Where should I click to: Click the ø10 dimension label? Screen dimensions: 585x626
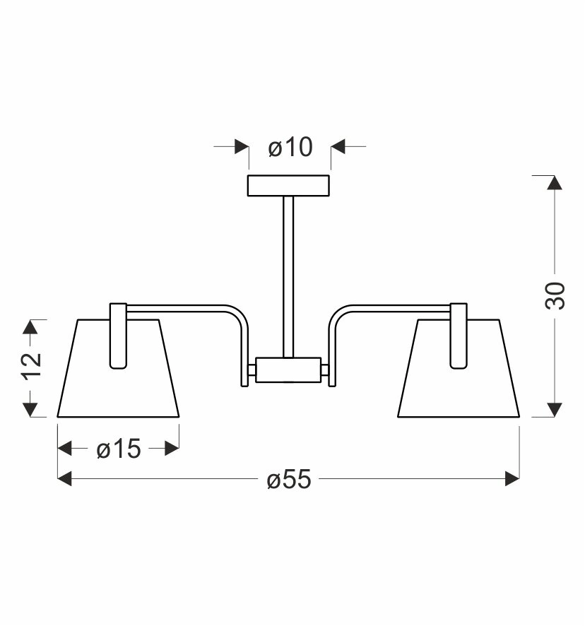[290, 147]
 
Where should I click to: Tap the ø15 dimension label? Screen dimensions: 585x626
[119, 449]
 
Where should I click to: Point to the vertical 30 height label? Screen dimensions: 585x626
[555, 295]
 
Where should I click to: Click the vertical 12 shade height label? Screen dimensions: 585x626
[32, 367]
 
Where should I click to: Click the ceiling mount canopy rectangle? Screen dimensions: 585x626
[288, 186]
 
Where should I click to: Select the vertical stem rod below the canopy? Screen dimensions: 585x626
[288, 277]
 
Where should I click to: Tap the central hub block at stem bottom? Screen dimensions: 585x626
[288, 370]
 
